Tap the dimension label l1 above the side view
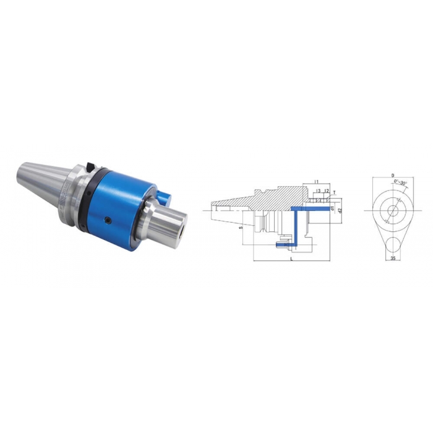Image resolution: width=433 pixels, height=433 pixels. click(316, 181)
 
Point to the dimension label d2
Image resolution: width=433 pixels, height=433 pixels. click(340, 211)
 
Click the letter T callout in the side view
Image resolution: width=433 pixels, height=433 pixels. click(334, 193)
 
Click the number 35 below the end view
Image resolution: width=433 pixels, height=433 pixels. click(392, 258)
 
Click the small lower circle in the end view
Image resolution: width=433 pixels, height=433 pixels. click(392, 242)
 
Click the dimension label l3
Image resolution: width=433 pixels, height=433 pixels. click(318, 192)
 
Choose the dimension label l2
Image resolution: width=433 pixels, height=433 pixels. click(326, 192)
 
